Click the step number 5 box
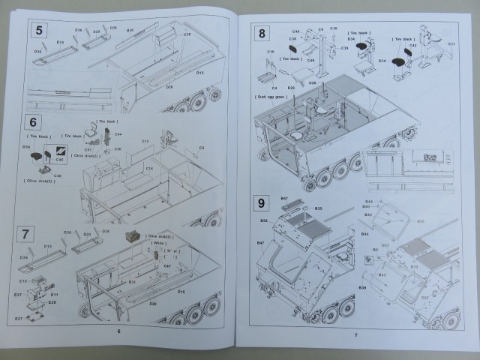40,32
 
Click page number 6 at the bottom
118,330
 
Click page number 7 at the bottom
356,334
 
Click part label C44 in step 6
118,134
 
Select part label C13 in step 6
145,141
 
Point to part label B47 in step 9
261,244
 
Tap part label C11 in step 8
451,45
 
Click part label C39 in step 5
187,34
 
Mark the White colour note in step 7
158,243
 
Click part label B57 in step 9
284,199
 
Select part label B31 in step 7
131,282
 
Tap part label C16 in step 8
269,52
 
